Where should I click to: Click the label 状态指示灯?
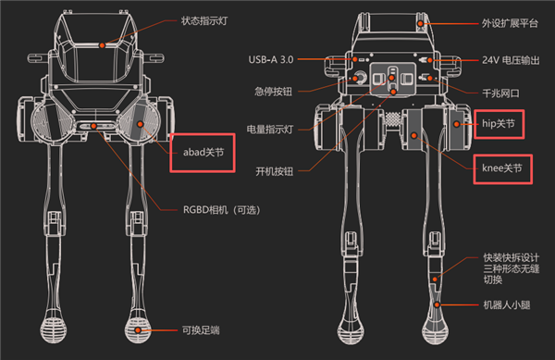pyautogui.click(x=204, y=21)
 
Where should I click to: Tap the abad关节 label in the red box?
pyautogui.click(x=203, y=152)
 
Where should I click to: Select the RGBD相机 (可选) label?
pyautogui.click(x=222, y=210)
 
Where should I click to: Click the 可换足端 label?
pyautogui.click(x=201, y=330)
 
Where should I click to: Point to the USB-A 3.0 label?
pyautogui.click(x=271, y=59)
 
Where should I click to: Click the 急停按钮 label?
pyautogui.click(x=274, y=92)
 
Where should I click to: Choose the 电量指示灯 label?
pyautogui.click(x=270, y=130)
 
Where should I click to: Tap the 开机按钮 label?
pyautogui.click(x=275, y=172)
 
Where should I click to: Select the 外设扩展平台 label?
pyautogui.click(x=510, y=23)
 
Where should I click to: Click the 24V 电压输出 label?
pyautogui.click(x=511, y=60)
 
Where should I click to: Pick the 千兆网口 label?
pyautogui.click(x=500, y=93)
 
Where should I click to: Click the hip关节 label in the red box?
pyautogui.click(x=499, y=124)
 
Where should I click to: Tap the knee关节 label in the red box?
pyautogui.click(x=502, y=168)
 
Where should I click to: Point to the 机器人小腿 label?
pyautogui.click(x=507, y=304)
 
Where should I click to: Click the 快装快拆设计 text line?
pyautogui.click(x=512, y=257)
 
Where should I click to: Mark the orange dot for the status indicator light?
pyautogui.click(x=102, y=45)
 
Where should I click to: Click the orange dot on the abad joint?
pyautogui.click(x=141, y=124)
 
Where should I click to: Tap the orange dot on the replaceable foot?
pyautogui.click(x=138, y=330)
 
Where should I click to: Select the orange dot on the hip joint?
pyautogui.click(x=457, y=124)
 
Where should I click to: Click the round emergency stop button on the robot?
pyautogui.click(x=361, y=77)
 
